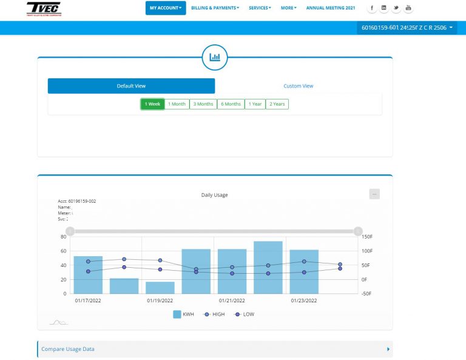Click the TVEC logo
44,8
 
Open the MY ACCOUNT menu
166,8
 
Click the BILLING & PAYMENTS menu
215,8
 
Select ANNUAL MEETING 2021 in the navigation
331,8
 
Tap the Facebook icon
372,8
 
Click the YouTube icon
408,8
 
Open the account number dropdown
407,28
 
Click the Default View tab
131,86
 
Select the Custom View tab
299,86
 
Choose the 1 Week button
152,104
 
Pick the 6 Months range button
231,104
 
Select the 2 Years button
277,104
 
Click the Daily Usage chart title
214,195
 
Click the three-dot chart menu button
374,194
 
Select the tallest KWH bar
268,268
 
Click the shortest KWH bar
160,288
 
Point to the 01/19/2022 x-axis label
160,301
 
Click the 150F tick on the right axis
368,236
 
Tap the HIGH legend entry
214,314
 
